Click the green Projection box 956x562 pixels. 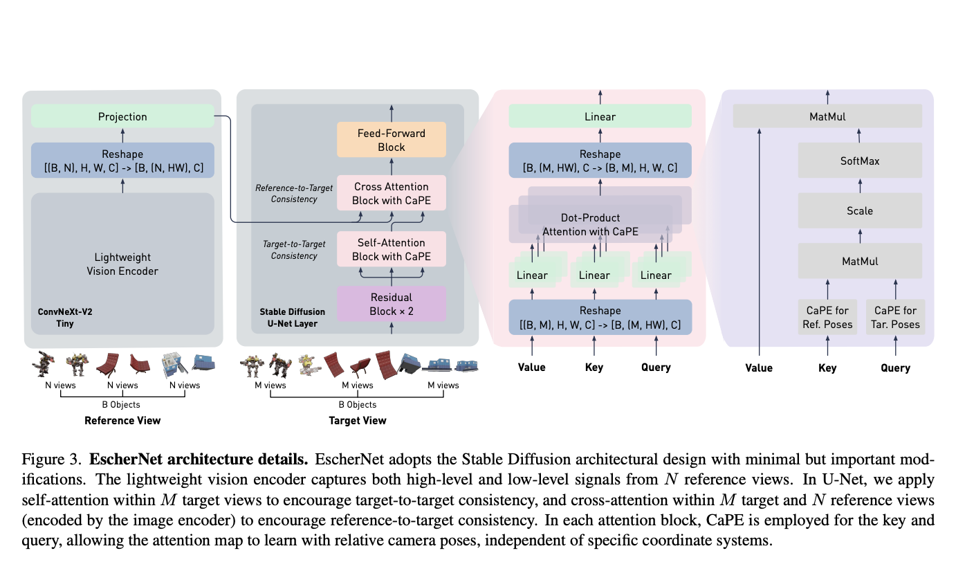point(122,116)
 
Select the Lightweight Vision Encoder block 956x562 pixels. point(122,264)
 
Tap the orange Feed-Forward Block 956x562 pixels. point(392,140)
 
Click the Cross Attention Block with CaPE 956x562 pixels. point(392,193)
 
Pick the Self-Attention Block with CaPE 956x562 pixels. point(392,249)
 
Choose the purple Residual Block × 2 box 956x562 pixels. point(392,304)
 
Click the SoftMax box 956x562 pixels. point(860,161)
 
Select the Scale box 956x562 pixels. point(860,210)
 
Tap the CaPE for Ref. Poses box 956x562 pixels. point(827,317)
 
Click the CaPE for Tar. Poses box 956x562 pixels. point(895,317)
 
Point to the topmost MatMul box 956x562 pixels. point(827,116)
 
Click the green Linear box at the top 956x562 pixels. point(600,116)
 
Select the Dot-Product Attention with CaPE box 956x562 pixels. point(590,224)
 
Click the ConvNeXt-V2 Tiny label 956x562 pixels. point(65,318)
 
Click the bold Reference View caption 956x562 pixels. point(122,420)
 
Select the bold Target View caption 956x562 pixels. point(358,420)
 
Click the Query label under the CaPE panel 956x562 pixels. point(895,368)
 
